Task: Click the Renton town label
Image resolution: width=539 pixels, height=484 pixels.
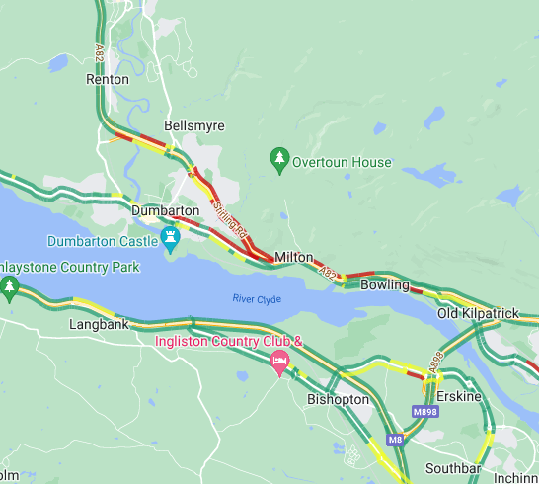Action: [x=108, y=79]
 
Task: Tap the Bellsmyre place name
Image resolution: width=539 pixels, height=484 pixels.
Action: [x=194, y=126]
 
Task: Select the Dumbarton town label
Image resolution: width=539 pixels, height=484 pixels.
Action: [x=165, y=210]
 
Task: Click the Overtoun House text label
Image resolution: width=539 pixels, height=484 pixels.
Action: [x=342, y=162]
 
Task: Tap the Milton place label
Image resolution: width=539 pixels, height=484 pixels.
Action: [x=293, y=257]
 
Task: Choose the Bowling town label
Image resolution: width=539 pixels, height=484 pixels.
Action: [x=384, y=284]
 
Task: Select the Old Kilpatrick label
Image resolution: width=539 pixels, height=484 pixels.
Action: [x=478, y=313]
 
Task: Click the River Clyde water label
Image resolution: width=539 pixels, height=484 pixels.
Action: [x=257, y=298]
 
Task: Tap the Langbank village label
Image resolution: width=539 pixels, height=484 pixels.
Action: [x=99, y=324]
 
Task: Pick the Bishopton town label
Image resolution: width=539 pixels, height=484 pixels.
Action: [x=338, y=400]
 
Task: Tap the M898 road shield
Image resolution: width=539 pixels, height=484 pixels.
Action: [x=425, y=411]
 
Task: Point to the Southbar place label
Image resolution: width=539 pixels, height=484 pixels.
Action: [x=451, y=467]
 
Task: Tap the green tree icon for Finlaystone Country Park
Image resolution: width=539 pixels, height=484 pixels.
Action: [x=10, y=288]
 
